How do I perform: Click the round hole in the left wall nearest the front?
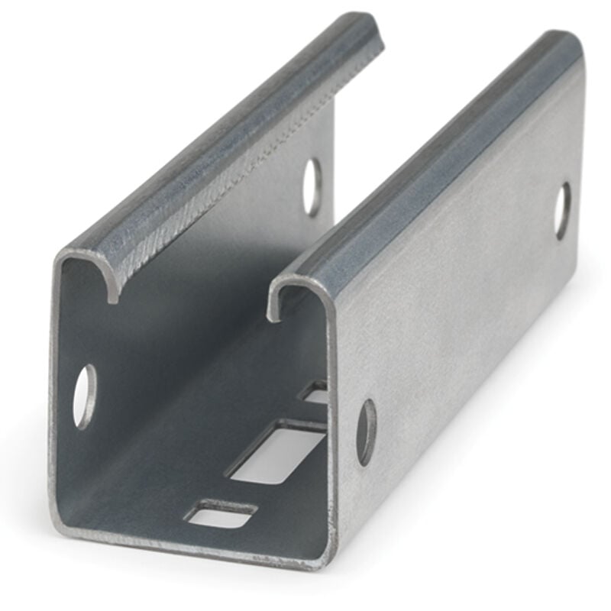[85, 396]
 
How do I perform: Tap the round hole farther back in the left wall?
[312, 186]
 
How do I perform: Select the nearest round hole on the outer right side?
[367, 432]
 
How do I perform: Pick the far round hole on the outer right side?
[563, 210]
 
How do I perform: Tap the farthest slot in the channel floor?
[315, 393]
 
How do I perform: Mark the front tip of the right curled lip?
[273, 313]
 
